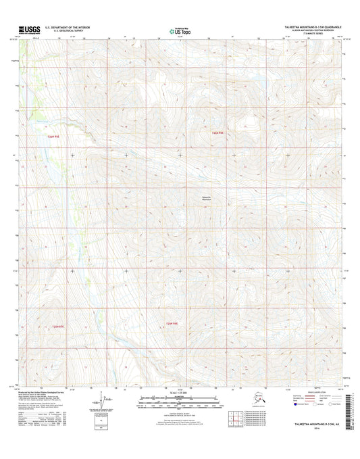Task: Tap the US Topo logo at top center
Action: click(x=180, y=30)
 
